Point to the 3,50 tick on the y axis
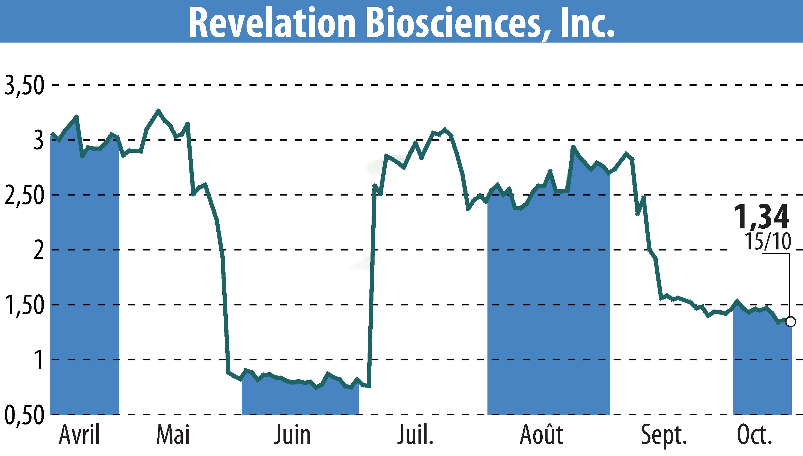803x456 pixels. click(x=24, y=85)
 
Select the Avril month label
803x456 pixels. click(x=79, y=434)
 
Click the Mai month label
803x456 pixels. click(x=173, y=434)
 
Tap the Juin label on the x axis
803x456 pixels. click(x=293, y=434)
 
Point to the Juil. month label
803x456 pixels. click(x=416, y=434)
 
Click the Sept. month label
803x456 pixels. click(x=664, y=434)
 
